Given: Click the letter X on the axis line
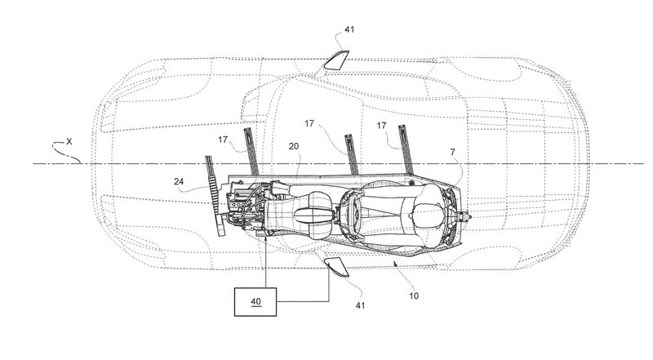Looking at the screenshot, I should pyautogui.click(x=69, y=141).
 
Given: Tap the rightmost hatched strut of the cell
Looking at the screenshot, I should pyautogui.click(x=404, y=147).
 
